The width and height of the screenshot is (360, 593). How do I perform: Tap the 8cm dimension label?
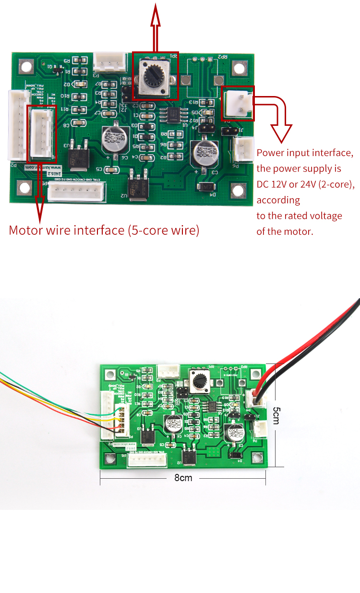183,477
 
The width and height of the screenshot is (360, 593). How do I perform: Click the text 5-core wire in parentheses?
164,230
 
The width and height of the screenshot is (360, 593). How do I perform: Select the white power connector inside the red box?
238,103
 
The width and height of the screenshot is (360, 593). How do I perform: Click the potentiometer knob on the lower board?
199,381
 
